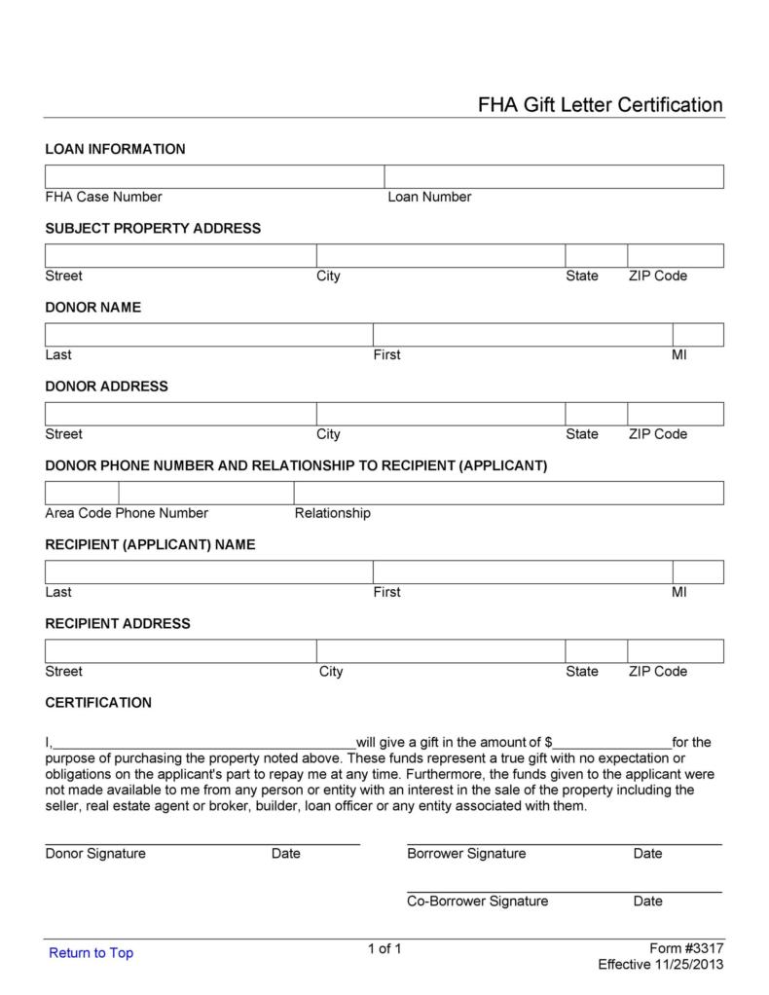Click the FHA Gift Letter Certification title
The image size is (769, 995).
click(x=600, y=105)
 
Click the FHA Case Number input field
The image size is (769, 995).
click(x=214, y=176)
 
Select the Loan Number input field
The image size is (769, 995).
click(x=554, y=176)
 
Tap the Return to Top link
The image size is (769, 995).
click(x=91, y=952)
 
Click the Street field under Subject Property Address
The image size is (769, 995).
click(x=180, y=255)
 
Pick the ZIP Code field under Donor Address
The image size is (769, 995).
click(x=675, y=414)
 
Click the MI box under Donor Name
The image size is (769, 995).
click(x=698, y=335)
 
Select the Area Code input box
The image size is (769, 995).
click(x=82, y=493)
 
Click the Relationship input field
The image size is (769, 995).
click(x=508, y=493)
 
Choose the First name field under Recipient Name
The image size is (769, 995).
click(x=522, y=571)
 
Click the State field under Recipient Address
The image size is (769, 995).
click(x=596, y=650)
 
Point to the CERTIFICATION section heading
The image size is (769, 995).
click(x=98, y=702)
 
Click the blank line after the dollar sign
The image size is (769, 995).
click(x=612, y=742)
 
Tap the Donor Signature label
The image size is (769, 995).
click(x=95, y=854)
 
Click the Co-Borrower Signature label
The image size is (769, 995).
click(x=477, y=901)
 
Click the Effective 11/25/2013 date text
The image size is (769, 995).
click(x=660, y=965)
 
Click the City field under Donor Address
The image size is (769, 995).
click(x=440, y=414)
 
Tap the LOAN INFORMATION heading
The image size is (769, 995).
click(x=115, y=149)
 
